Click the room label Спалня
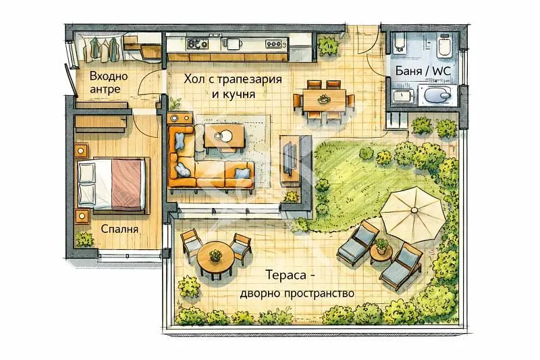(119, 229)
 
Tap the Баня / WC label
(423, 71)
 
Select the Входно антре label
(109, 82)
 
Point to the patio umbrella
(413, 213)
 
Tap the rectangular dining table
(324, 100)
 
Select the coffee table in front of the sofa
(225, 136)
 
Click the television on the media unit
(290, 158)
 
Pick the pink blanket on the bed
(126, 184)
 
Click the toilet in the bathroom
(444, 46)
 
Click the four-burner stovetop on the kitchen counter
(198, 44)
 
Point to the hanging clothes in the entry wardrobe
(103, 48)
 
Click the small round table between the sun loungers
(381, 253)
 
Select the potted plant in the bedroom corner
(84, 240)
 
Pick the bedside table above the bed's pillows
(81, 150)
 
